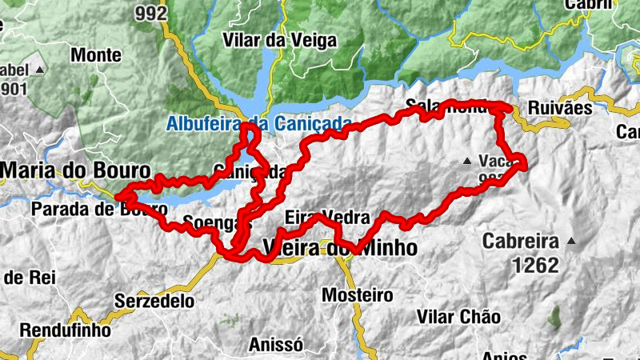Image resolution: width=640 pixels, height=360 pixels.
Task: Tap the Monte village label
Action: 96,55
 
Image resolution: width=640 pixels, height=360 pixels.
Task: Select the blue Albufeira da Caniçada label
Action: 259,123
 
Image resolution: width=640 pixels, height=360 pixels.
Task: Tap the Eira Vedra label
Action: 327,218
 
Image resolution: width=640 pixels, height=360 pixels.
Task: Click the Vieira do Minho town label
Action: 340,248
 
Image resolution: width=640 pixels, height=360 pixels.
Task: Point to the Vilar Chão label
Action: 458,316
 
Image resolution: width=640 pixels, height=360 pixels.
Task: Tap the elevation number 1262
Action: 531,265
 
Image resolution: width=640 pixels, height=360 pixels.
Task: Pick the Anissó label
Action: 275,345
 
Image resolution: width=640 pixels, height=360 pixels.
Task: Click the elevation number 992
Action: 151,13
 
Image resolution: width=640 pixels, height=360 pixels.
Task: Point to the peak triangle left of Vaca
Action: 467,161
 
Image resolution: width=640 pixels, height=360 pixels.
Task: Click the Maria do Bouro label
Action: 75,170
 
